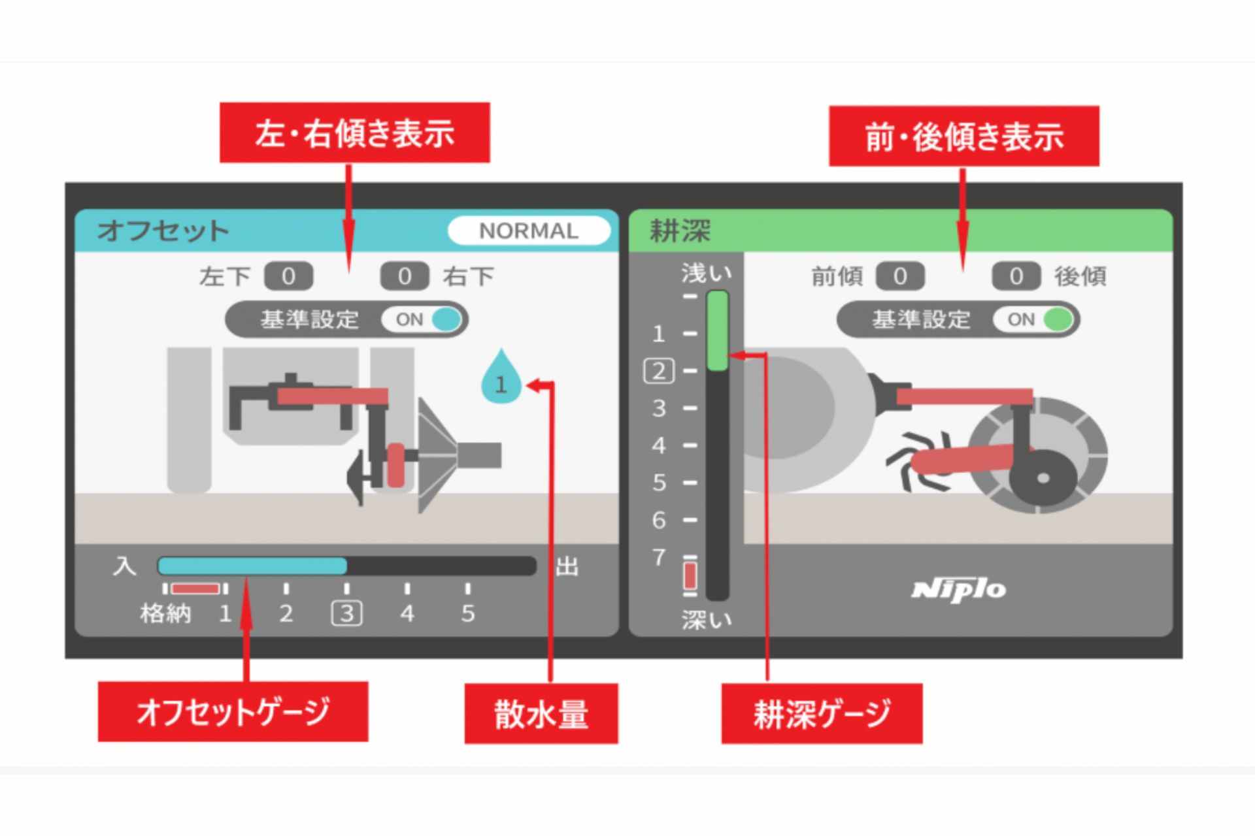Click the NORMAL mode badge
click(529, 231)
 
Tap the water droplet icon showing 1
click(501, 379)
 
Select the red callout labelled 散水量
click(541, 713)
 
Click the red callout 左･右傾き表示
click(354, 133)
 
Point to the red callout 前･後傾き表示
click(963, 137)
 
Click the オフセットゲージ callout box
click(233, 711)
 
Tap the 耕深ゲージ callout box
click(822, 713)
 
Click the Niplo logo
click(959, 590)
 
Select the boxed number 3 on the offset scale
click(346, 613)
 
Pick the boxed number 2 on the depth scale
click(659, 371)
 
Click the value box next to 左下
click(288, 276)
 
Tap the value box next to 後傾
click(1015, 276)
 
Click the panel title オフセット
click(163, 231)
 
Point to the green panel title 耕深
click(680, 231)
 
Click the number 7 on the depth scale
click(659, 557)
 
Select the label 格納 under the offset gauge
click(165, 613)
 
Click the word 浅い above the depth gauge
click(706, 273)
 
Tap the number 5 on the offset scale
click(467, 613)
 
